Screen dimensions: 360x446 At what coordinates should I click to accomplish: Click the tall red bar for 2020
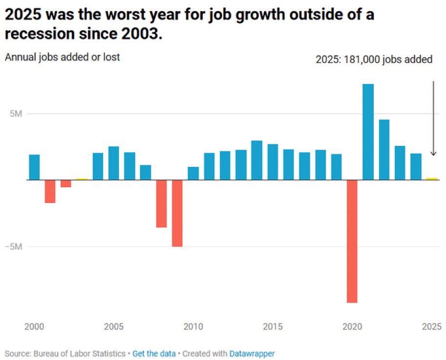point(351,241)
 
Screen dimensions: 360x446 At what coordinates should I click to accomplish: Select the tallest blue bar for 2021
point(368,132)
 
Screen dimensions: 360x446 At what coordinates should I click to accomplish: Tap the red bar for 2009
point(177,213)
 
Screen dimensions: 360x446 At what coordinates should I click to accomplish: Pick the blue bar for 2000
point(34,167)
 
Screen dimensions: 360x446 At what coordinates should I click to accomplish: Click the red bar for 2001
point(50,191)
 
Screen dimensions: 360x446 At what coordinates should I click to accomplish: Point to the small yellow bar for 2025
point(431,179)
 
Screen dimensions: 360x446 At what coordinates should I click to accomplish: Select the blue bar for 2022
point(384,149)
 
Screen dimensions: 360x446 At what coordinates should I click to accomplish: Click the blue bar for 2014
point(257,160)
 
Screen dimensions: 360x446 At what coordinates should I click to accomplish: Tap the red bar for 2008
point(162,203)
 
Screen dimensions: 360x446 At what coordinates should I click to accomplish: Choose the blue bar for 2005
point(114,163)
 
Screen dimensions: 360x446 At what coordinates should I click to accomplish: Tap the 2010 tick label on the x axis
point(193,326)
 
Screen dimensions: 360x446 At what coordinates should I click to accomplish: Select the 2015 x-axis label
point(273,326)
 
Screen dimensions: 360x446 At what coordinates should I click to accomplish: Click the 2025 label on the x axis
point(431,326)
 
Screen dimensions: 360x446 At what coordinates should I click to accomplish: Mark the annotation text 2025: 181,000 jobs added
point(374,60)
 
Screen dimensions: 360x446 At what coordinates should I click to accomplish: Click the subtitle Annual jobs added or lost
point(62,57)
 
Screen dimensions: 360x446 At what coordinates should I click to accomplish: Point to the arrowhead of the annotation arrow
point(433,154)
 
